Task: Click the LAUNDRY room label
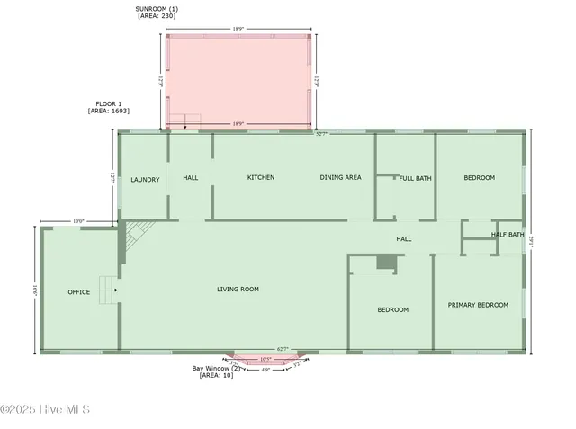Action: [145, 180]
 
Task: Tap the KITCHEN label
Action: [261, 178]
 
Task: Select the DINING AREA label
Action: [340, 178]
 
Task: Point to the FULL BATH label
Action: [416, 178]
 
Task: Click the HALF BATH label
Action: [508, 236]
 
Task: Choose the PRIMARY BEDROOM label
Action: [478, 305]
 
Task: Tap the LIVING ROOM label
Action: [238, 290]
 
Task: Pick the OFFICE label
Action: [78, 292]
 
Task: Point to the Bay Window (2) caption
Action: [216, 369]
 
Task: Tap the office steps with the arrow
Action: [109, 289]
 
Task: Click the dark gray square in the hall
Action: [386, 262]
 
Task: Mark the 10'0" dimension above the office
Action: [79, 221]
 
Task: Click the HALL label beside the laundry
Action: [191, 178]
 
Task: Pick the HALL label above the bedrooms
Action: [404, 239]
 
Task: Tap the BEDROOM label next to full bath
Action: [479, 178]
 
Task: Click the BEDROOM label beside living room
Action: [392, 310]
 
